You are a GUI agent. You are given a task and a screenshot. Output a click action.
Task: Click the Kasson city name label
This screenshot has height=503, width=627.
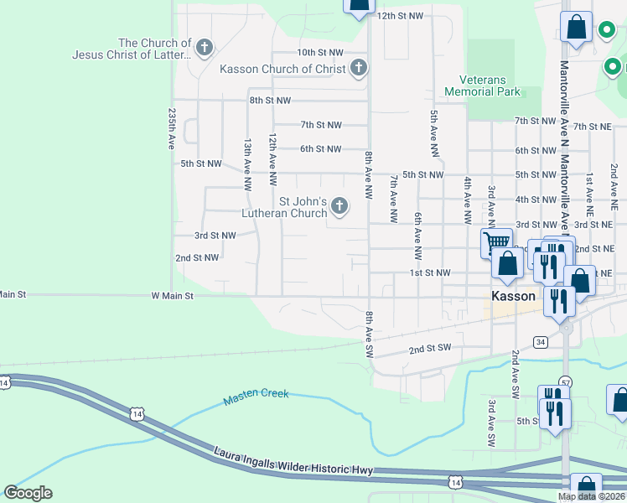(513, 297)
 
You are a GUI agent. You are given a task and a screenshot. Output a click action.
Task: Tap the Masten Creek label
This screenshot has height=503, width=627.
(256, 397)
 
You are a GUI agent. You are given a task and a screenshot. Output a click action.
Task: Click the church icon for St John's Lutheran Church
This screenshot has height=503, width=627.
(339, 205)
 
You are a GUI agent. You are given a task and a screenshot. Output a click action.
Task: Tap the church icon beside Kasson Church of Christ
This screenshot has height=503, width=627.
(359, 68)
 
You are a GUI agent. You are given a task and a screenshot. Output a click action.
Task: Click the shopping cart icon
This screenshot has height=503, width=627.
(496, 243)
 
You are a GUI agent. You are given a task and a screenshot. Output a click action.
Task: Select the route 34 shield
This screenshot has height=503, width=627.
(541, 342)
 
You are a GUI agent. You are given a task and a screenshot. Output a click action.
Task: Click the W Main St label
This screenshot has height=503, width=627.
(172, 296)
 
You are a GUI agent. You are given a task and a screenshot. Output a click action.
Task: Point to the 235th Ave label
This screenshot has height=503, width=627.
(172, 128)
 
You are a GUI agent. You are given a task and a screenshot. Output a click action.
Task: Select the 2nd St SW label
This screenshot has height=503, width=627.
(429, 348)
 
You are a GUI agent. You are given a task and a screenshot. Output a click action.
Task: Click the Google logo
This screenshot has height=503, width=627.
(28, 493)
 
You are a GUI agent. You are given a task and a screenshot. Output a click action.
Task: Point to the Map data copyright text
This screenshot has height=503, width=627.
(591, 496)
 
